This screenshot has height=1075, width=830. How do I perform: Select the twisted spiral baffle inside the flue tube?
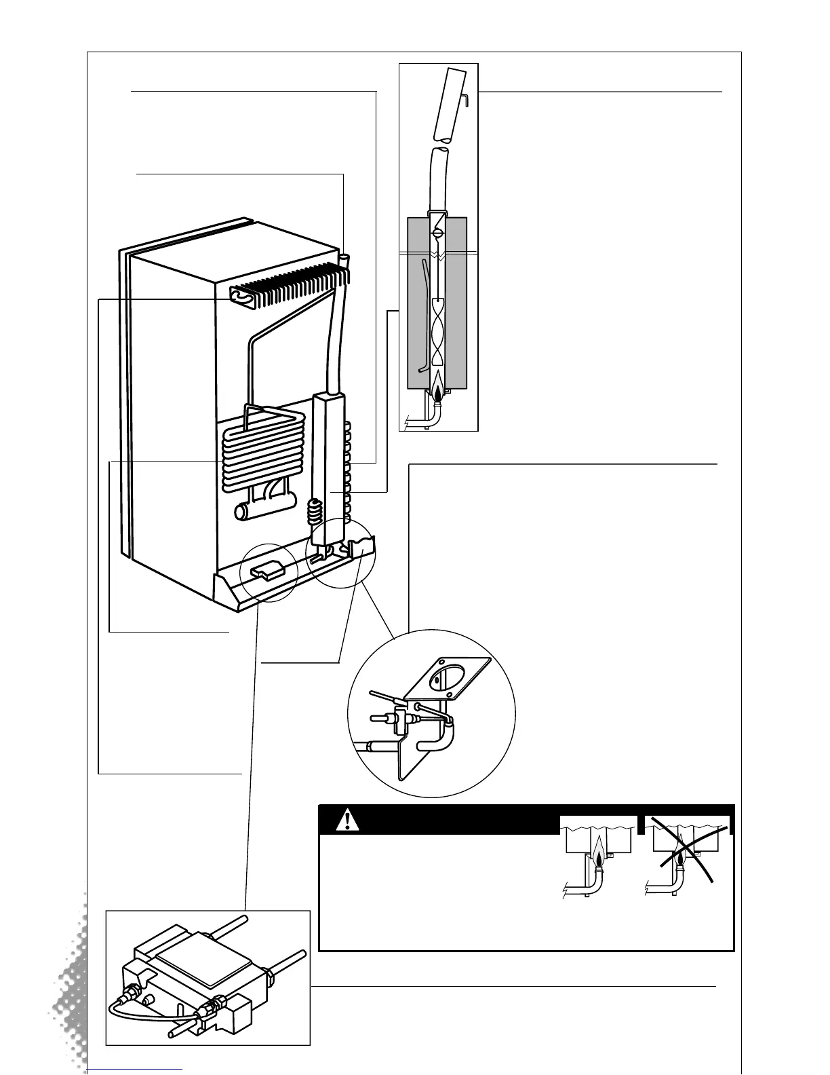(438, 333)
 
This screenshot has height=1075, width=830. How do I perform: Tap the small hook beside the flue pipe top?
(467, 99)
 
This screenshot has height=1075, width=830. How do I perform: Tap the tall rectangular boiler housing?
(330, 461)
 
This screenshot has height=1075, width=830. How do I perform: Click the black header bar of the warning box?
(441, 821)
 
